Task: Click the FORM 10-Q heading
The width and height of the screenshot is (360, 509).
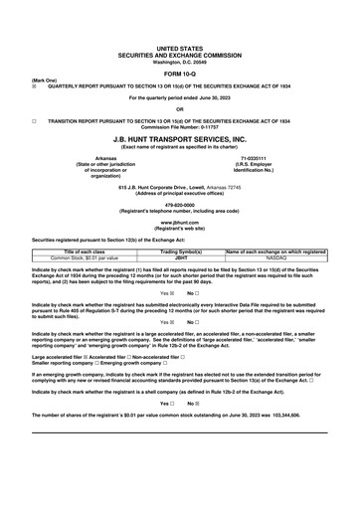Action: point(180,72)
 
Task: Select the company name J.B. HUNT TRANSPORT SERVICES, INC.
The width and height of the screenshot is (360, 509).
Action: point(180,140)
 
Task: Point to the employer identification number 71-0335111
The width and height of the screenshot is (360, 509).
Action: point(257,157)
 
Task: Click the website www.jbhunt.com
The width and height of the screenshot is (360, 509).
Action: point(180,223)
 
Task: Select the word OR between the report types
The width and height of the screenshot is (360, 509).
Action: point(180,108)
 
